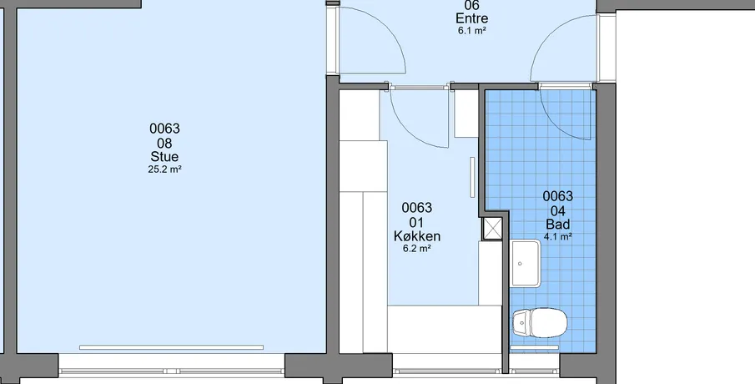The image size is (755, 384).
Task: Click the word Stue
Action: [x=164, y=157]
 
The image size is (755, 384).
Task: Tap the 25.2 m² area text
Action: [x=164, y=169]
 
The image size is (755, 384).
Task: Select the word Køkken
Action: [x=417, y=236]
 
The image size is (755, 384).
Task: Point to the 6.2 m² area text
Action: [x=417, y=249]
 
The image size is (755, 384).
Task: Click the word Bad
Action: [x=558, y=224]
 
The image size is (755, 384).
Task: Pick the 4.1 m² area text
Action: [x=558, y=236]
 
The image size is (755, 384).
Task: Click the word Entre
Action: [x=472, y=18]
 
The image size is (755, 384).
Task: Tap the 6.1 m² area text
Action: [x=472, y=31]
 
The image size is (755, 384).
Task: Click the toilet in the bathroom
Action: [x=539, y=322]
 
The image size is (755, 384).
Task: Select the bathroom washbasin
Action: [x=526, y=264]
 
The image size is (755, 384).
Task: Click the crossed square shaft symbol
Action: [x=492, y=229]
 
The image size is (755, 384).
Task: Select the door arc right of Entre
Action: [x=544, y=38]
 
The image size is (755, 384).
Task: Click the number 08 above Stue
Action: [x=164, y=143]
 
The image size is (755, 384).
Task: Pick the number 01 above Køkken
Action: [x=417, y=223]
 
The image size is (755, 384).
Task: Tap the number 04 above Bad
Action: [x=558, y=210]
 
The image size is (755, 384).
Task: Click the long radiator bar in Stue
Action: [x=171, y=347]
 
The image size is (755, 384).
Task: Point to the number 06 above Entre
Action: [x=472, y=5]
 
